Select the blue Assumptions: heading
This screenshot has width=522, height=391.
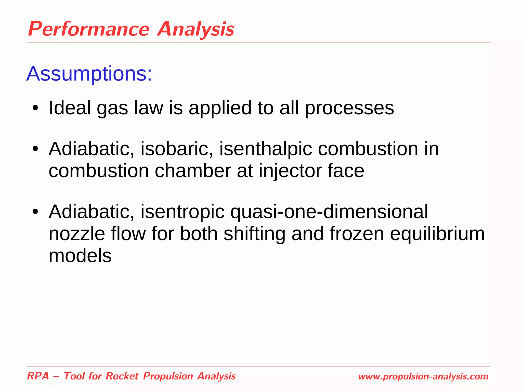coord(89,74)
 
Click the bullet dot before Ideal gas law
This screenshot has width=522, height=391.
coord(35,108)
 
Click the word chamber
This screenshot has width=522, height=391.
coord(193,171)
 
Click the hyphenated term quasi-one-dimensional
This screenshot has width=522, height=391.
coord(329,212)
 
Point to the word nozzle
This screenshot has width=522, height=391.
coord(77,234)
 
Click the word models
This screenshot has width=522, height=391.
coord(80,256)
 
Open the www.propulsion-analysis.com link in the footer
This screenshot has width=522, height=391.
coord(423,376)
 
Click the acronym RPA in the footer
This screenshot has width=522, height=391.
coord(38,376)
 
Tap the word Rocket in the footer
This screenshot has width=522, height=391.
coord(122,376)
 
